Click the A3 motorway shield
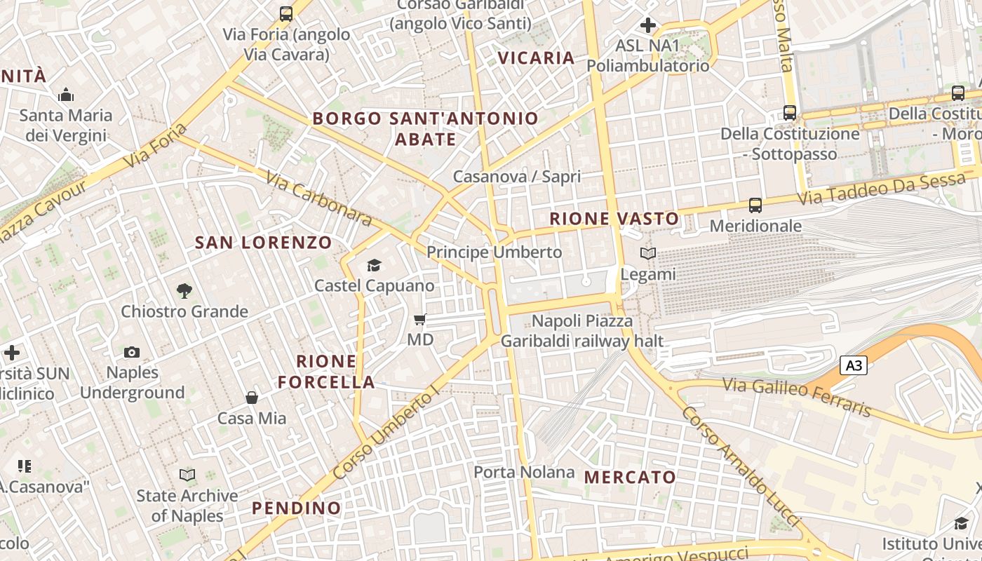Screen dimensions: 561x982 point(854,365)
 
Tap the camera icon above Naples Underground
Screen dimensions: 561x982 point(132,352)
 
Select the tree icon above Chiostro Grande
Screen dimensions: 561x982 point(184,290)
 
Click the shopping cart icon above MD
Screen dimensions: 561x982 point(420,320)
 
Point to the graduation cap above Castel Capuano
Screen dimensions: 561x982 point(374,265)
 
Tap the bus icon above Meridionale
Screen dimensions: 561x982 point(755,205)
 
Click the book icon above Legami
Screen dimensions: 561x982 point(648,254)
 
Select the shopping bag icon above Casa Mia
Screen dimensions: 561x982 point(252,398)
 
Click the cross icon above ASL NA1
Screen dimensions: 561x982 point(647,26)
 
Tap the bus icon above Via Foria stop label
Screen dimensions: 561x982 point(285,13)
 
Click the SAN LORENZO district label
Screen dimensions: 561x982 point(263,243)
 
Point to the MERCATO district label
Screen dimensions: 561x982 point(630,478)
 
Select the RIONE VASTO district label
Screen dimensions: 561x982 point(614,219)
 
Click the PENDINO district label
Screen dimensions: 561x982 point(296,508)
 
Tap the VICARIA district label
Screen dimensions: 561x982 point(536,58)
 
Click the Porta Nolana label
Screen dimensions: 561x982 point(524,472)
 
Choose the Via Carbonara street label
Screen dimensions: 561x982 point(319,198)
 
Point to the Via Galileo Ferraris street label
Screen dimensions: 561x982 point(796,397)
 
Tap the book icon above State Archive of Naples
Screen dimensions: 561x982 point(187,475)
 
